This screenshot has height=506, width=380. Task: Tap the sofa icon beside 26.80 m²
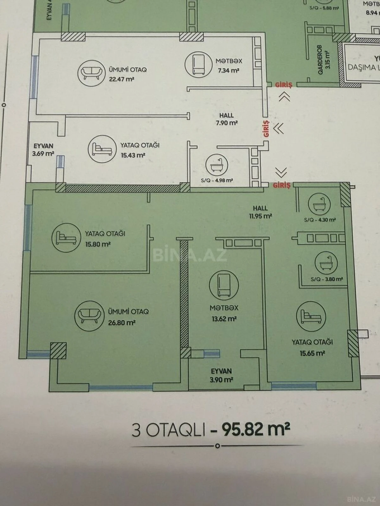(x=89, y=315)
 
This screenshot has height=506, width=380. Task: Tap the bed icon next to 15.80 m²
(x=66, y=238)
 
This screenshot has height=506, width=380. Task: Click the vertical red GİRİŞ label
(x=266, y=129)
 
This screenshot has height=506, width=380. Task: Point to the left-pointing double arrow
(x=279, y=129)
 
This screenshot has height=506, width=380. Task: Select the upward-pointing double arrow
(x=284, y=96)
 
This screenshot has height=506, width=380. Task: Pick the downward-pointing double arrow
(x=281, y=172)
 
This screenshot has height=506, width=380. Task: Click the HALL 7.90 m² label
(x=227, y=119)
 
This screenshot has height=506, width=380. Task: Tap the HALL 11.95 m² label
(x=260, y=212)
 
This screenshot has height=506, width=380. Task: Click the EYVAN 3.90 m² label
(x=221, y=375)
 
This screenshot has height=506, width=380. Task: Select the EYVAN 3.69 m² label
(x=43, y=150)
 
